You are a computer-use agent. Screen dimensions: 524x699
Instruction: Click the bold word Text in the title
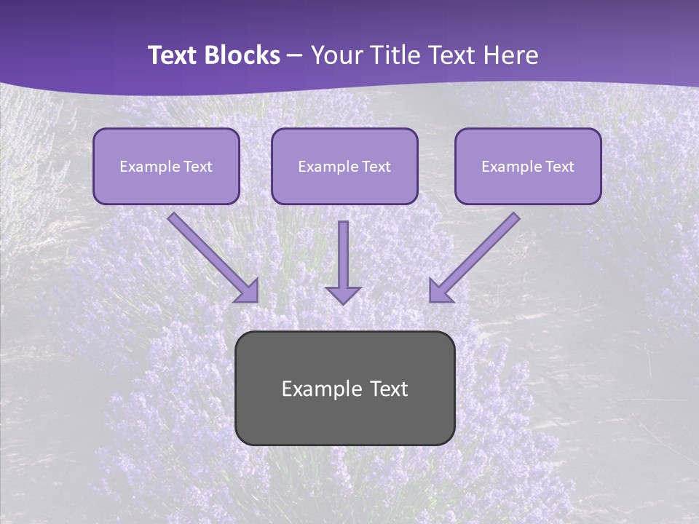coord(174,55)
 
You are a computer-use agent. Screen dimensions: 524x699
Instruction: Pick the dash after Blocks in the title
coord(295,56)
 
